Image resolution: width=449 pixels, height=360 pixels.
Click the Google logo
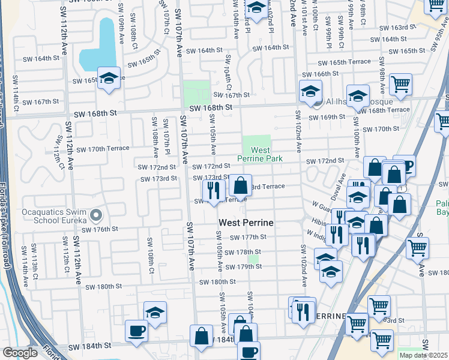[x=20, y=353]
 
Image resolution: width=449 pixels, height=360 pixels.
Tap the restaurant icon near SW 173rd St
[x=213, y=190]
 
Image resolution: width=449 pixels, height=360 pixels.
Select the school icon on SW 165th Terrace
[x=109, y=79]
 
